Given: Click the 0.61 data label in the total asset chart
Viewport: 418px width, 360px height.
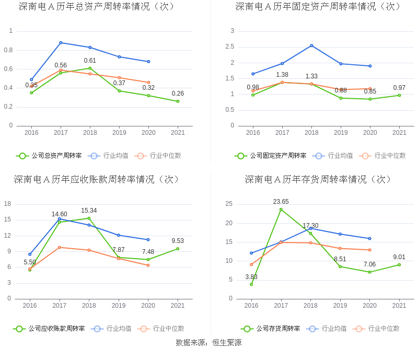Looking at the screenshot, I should [x=90, y=61].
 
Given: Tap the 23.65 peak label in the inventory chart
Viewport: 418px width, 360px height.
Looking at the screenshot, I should [x=281, y=202].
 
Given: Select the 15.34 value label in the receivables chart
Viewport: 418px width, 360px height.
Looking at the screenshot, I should [x=89, y=211].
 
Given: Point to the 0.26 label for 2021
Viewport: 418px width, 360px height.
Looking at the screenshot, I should [x=178, y=94].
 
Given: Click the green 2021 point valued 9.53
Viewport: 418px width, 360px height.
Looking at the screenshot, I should [x=178, y=249].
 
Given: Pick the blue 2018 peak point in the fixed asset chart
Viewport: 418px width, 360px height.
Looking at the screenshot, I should [x=311, y=45].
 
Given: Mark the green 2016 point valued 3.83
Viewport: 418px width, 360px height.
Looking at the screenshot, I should [x=251, y=284].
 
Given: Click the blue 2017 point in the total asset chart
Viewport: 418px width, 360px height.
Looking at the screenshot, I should [x=61, y=43].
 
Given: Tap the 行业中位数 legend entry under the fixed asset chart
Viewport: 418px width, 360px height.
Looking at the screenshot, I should [x=387, y=155].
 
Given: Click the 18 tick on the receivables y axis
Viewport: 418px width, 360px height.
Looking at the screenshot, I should [x=8, y=204].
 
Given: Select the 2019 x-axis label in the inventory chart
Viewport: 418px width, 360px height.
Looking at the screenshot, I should [x=340, y=306].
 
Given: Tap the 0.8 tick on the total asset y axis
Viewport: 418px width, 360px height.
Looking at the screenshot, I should [x=9, y=50].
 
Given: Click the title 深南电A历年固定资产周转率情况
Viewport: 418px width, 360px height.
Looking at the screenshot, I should [x=318, y=7].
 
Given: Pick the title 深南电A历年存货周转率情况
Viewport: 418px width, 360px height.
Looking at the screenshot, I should [x=318, y=179].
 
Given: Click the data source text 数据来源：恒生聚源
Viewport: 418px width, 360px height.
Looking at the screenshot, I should [x=208, y=343].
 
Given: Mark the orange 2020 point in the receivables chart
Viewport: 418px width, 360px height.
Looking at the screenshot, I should [x=148, y=265].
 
